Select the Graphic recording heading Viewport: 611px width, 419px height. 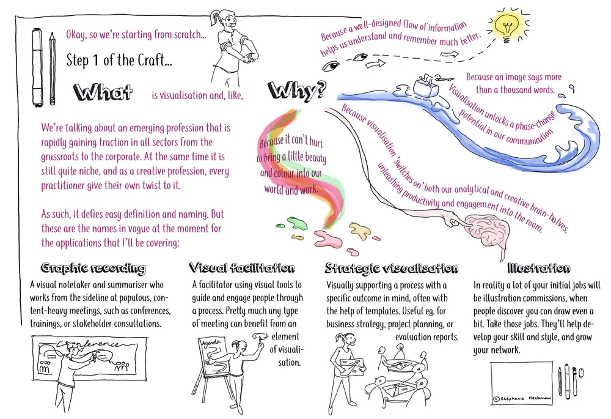click(93, 268)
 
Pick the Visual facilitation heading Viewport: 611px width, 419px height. click(242, 268)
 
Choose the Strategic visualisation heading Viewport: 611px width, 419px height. click(391, 268)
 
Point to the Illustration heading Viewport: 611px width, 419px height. click(538, 268)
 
